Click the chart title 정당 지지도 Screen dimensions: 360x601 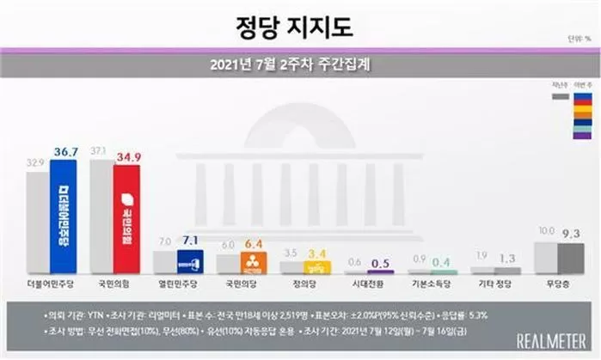294,27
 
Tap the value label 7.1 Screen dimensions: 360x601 190,241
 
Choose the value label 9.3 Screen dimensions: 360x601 571,233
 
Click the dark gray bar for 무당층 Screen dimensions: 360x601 570,258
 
